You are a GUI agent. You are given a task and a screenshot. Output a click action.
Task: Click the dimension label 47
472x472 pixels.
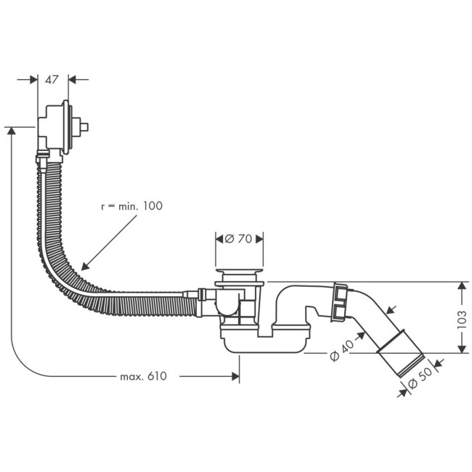52,80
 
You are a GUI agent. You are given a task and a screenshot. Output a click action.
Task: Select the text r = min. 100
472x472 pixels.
131,206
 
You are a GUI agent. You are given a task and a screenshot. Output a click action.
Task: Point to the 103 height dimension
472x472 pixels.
463,318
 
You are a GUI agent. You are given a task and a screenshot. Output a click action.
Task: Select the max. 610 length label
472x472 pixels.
143,376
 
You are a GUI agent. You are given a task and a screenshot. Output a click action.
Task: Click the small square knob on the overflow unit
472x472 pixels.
84,127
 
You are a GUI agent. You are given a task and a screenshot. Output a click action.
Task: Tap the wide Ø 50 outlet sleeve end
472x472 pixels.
400,356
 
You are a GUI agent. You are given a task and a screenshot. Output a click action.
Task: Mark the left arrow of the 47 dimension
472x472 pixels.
32,80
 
